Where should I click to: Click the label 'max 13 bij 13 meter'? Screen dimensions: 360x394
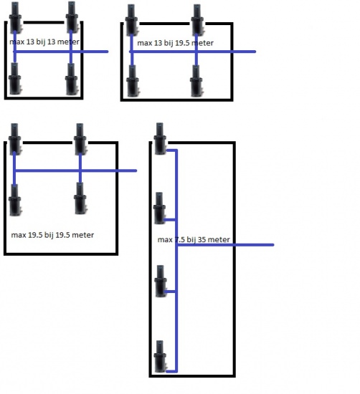click(x=44, y=42)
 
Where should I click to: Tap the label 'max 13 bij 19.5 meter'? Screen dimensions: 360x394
click(x=176, y=43)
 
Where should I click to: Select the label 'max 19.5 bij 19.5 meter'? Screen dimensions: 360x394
click(x=52, y=235)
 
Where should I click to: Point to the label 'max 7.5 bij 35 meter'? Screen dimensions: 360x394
click(x=194, y=240)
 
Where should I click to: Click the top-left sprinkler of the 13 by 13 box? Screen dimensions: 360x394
click(x=15, y=17)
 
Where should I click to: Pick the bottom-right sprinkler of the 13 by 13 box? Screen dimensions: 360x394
click(x=71, y=79)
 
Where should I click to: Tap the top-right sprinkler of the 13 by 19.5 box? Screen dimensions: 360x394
click(x=197, y=20)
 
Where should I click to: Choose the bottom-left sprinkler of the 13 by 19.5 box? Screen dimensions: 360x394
click(x=133, y=81)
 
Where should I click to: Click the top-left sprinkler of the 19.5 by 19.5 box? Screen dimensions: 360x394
click(x=15, y=139)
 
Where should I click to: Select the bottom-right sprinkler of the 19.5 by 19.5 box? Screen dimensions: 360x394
click(x=80, y=198)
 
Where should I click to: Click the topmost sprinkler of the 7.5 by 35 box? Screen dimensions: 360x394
click(x=160, y=138)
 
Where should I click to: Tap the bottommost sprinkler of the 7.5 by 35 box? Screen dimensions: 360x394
click(x=160, y=356)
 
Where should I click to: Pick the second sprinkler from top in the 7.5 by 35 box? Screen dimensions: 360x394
click(x=160, y=208)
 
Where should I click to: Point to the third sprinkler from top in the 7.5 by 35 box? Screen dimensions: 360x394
click(x=161, y=281)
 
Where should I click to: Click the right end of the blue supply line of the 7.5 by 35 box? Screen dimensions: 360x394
click(x=273, y=245)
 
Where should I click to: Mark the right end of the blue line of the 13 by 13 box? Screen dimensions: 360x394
click(x=108, y=52)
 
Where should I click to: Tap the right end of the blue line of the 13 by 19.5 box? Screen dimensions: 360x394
click(x=255, y=52)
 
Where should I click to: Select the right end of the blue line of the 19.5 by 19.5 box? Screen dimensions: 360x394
click(x=136, y=170)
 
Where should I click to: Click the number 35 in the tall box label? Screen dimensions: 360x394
click(x=202, y=240)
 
